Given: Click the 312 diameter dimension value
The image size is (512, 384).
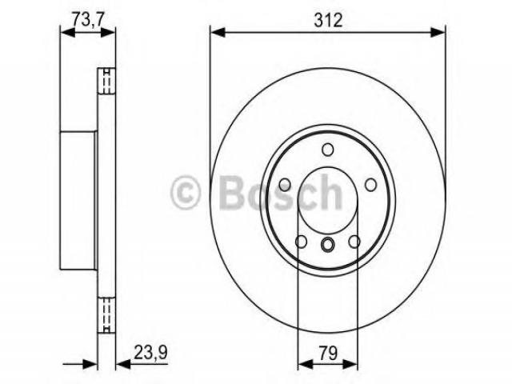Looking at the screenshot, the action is click(x=328, y=20).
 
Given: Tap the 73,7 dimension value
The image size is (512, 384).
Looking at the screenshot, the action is click(x=88, y=18).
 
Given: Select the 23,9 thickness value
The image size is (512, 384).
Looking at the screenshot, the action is click(x=151, y=353).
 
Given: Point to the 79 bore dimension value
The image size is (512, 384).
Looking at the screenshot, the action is click(x=328, y=354).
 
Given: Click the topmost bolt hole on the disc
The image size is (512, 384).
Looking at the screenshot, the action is click(x=328, y=150).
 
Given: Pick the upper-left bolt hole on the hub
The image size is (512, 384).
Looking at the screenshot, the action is click(x=285, y=185).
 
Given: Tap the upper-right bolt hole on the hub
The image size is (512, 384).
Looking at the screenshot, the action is click(x=370, y=185).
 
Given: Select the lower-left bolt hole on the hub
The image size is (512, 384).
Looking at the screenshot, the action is click(x=301, y=242).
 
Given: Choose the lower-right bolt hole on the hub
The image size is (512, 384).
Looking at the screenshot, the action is click(x=354, y=242).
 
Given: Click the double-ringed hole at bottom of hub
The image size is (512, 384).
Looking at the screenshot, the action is click(x=327, y=245).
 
